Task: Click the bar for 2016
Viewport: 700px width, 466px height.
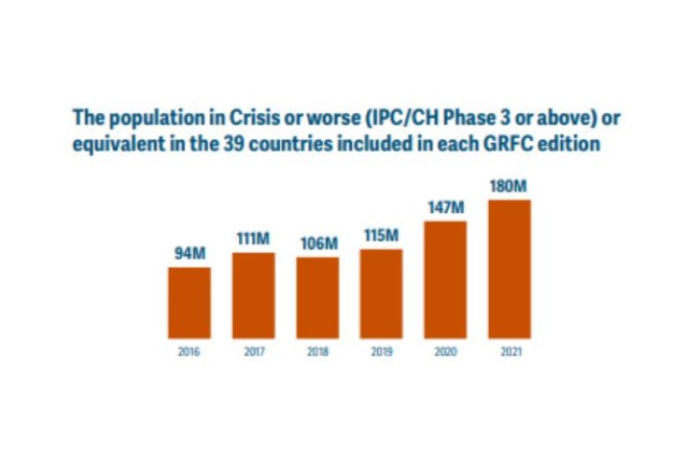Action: pyautogui.click(x=189, y=302)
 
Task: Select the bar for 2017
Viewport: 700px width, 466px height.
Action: pyautogui.click(x=253, y=295)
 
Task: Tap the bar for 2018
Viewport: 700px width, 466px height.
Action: pyautogui.click(x=317, y=297)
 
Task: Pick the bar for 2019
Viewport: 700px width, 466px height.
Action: pyautogui.click(x=382, y=293)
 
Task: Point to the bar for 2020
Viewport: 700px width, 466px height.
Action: pyautogui.click(x=445, y=279)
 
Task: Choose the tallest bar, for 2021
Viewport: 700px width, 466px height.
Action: pyautogui.click(x=509, y=268)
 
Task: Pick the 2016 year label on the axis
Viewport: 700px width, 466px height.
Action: pyautogui.click(x=189, y=351)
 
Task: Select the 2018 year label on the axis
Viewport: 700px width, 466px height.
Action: pyautogui.click(x=317, y=351)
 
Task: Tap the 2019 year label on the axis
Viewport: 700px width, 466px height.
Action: pyautogui.click(x=382, y=351)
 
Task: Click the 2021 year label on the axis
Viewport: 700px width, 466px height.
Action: pyautogui.click(x=509, y=351)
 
